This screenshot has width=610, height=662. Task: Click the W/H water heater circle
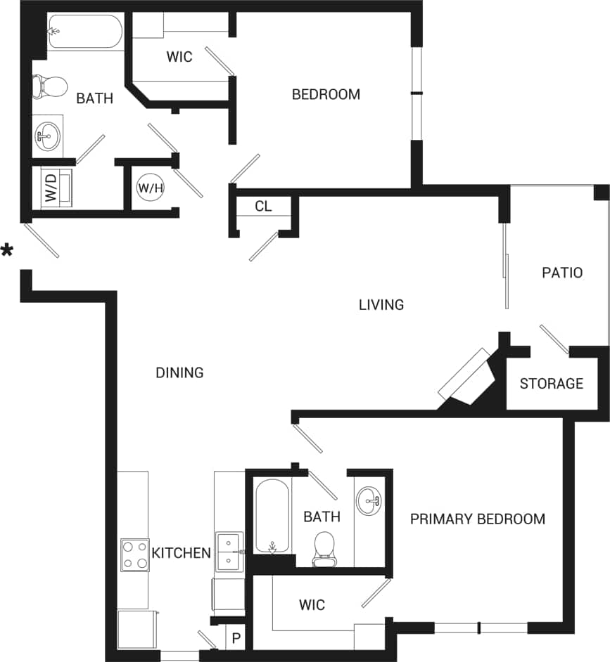[149, 188]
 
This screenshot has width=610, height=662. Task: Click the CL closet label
[263, 207]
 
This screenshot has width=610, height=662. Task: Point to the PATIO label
[562, 273]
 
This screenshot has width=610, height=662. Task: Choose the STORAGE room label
[552, 384]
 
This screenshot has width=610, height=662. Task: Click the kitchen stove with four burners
[135, 555]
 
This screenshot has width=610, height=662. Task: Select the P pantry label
[236, 640]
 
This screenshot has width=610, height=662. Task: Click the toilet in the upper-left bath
[49, 86]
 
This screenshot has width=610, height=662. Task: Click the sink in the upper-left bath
[48, 135]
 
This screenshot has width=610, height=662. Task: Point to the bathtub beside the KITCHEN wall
[271, 516]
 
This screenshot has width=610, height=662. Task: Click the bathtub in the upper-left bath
[84, 32]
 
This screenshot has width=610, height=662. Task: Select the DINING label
[179, 373]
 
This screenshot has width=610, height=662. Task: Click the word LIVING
[381, 305]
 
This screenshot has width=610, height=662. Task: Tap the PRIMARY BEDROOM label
[478, 519]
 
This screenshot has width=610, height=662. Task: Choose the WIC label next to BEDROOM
[179, 58]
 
